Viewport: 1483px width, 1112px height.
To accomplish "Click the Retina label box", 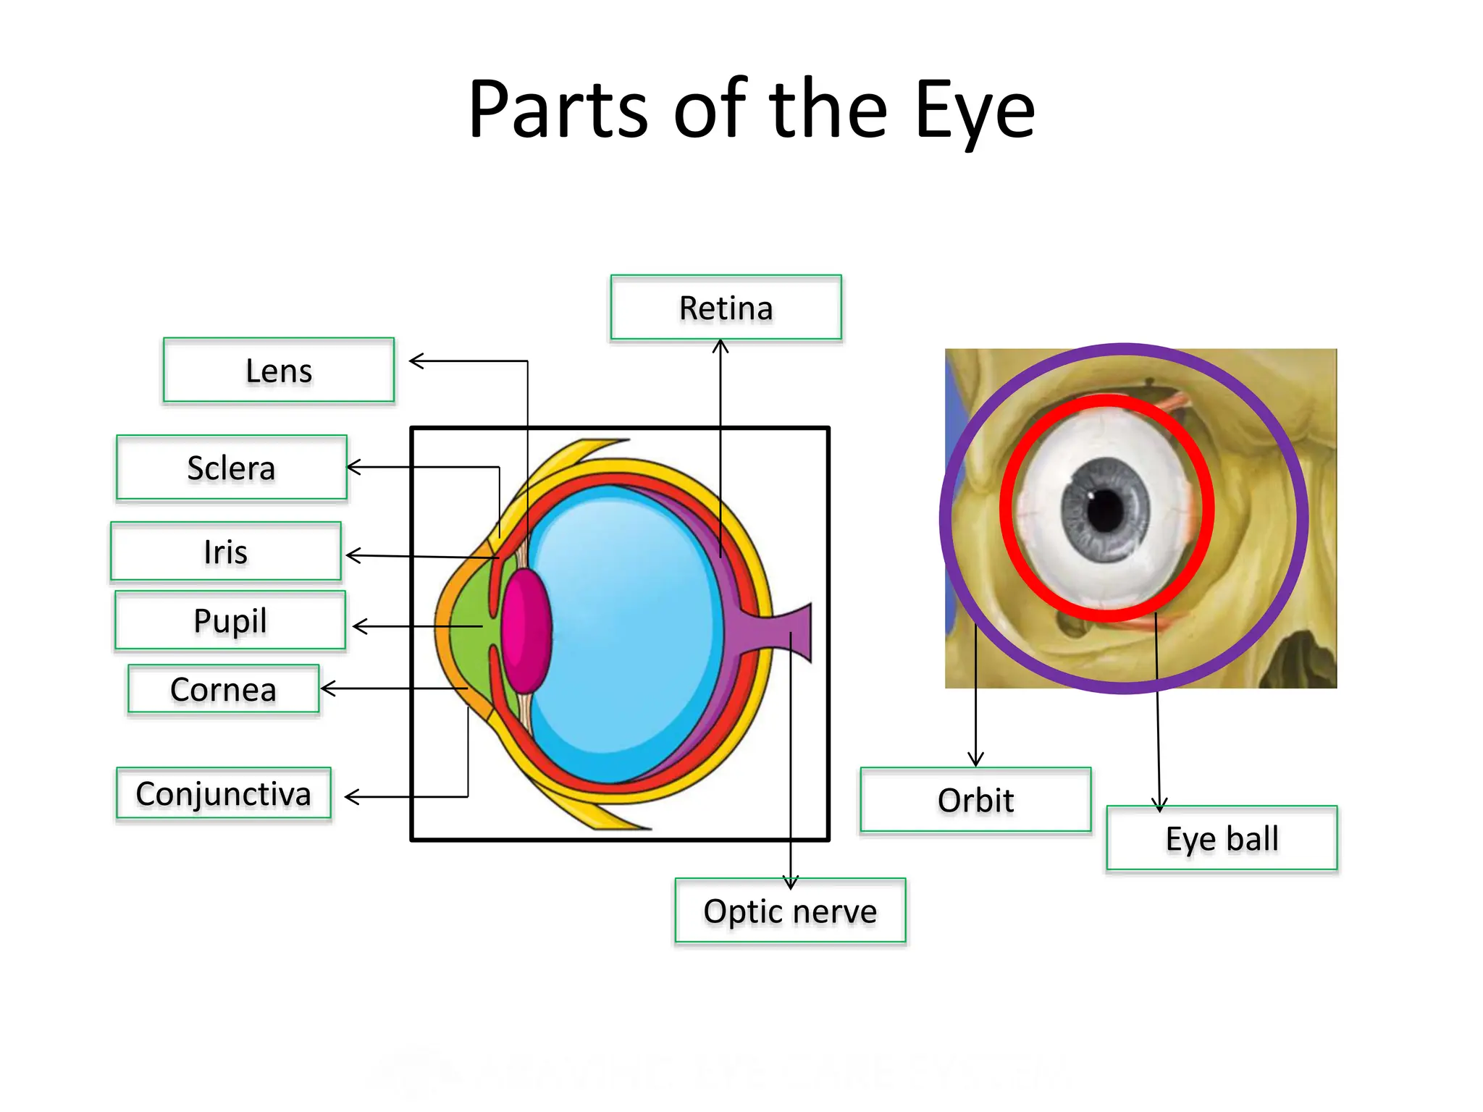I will pos(726,308).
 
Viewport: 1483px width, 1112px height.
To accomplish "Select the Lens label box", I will pos(279,370).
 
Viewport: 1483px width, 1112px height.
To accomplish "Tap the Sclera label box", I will pos(232,468).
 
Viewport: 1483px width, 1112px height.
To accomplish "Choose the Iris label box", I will pos(226,552).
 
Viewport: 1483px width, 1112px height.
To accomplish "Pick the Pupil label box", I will pos(230,620).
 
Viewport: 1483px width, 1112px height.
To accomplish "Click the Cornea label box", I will pos(224,689).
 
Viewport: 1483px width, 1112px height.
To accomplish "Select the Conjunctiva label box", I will pos(224,793).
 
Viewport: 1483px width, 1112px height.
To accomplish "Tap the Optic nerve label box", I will pos(790,911).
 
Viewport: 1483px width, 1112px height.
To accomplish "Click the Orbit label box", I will pos(975,800).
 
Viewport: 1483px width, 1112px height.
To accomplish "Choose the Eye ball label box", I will pos(1222,838).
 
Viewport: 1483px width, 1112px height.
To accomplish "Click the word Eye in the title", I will pos(975,111).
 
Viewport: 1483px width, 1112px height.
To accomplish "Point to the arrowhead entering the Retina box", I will pos(721,346).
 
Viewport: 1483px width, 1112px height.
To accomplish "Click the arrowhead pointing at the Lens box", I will pos(415,361).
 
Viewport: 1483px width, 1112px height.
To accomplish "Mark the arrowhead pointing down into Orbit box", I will pos(976,760).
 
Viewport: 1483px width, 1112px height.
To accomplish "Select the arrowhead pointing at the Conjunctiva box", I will pos(350,797).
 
